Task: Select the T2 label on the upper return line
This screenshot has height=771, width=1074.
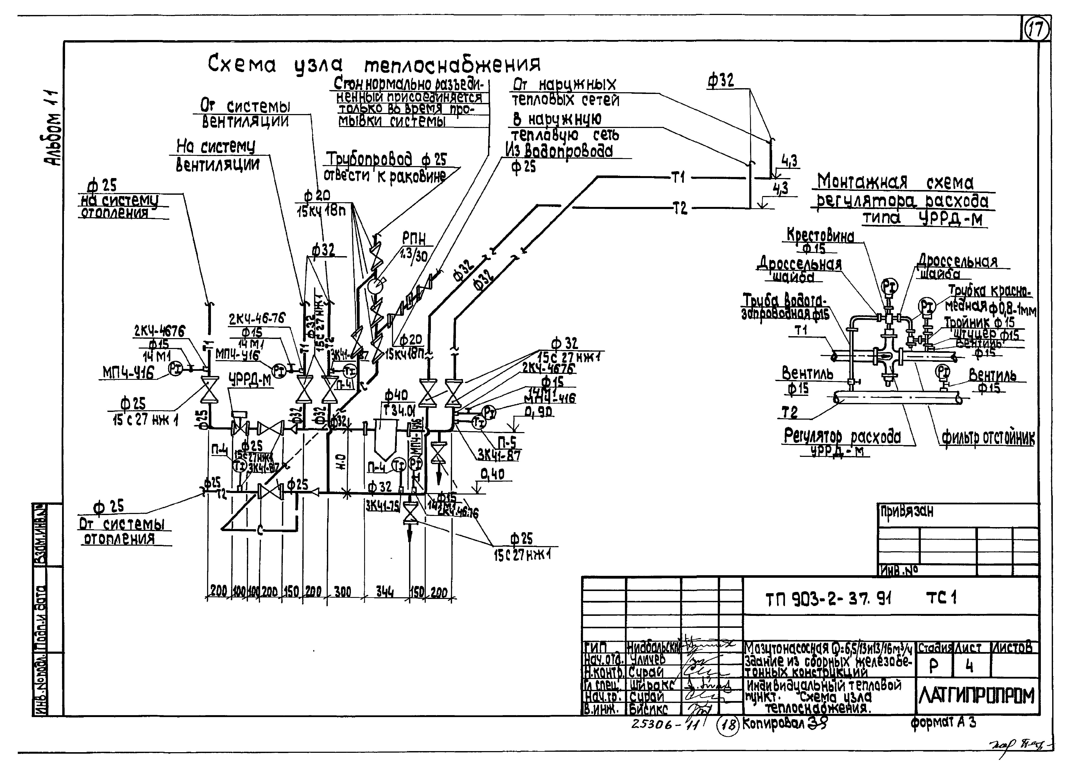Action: click(680, 208)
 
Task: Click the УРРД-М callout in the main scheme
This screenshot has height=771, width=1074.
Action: click(251, 379)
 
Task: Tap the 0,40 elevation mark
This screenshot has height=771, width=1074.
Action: click(492, 474)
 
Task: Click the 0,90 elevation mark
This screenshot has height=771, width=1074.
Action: click(538, 413)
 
